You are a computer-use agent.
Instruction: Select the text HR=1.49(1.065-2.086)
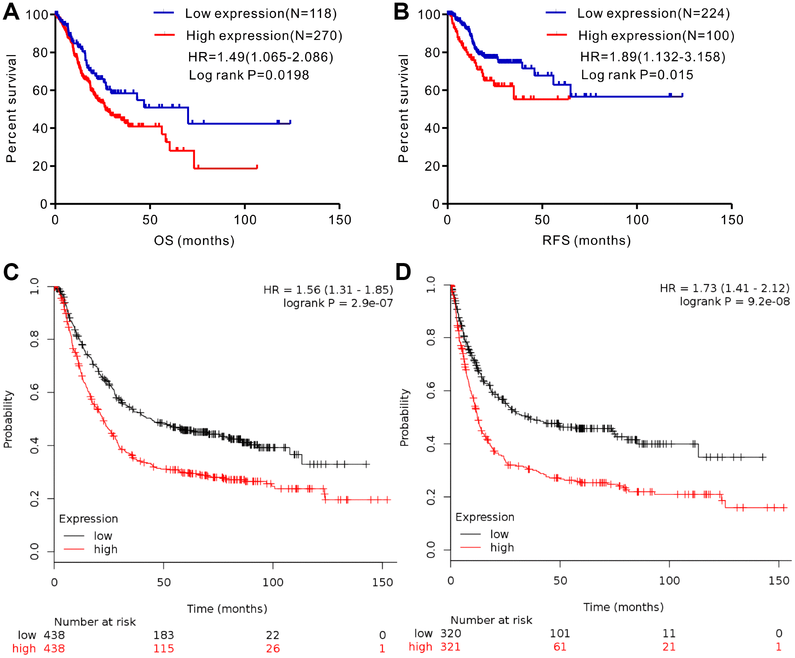pos(260,57)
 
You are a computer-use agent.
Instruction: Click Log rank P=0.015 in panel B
pos(637,75)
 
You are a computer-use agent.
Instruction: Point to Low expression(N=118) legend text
pos(261,14)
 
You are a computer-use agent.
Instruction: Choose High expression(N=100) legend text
pos(657,35)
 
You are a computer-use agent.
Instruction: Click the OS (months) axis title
pos(194,240)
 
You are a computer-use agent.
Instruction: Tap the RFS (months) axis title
pos(586,240)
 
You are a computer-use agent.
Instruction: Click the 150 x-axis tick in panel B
pos(732,220)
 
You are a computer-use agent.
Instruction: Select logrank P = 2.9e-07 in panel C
pos(338,303)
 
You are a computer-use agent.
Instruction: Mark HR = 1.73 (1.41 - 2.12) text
pos(724,288)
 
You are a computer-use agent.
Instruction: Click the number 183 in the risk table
pos(163,635)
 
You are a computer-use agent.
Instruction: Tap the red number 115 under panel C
pos(163,649)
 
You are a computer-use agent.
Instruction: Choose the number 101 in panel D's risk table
pos(560,633)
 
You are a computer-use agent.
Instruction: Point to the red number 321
pos(450,647)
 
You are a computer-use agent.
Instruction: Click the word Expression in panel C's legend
pos(89,519)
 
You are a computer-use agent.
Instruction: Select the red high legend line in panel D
pos(471,547)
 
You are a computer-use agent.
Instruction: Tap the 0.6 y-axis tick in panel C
pos(34,392)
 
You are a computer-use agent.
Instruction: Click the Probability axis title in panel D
pos(404,418)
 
